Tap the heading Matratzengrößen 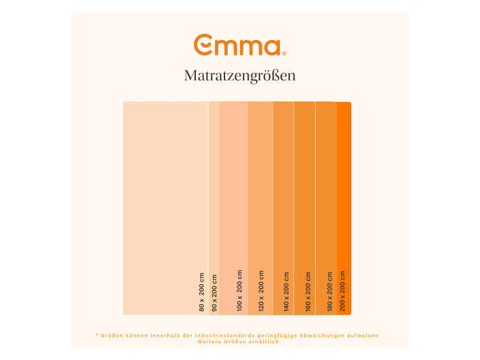(239, 76)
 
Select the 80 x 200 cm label (201, 292)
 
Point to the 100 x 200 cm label (239, 290)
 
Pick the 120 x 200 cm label (261, 290)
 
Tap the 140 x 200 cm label (287, 291)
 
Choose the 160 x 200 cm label (307, 291)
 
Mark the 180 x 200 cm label (329, 291)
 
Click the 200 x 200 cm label (343, 291)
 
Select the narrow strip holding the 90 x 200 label (214, 187)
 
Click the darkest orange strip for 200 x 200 (344, 187)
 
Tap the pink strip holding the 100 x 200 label (234, 187)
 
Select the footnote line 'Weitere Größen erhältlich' (238, 341)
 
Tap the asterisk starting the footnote (97, 335)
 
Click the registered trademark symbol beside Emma (284, 53)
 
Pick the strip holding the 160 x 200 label (305, 187)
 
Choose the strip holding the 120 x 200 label (261, 187)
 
